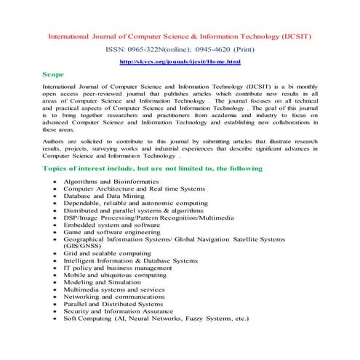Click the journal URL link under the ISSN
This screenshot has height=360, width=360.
180,63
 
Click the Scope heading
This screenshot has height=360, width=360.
55,75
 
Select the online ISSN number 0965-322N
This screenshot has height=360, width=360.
155,49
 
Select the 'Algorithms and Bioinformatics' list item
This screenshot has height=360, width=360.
114,180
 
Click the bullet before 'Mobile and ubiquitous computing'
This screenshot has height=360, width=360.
55,275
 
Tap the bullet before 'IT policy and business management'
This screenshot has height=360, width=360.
55,268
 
